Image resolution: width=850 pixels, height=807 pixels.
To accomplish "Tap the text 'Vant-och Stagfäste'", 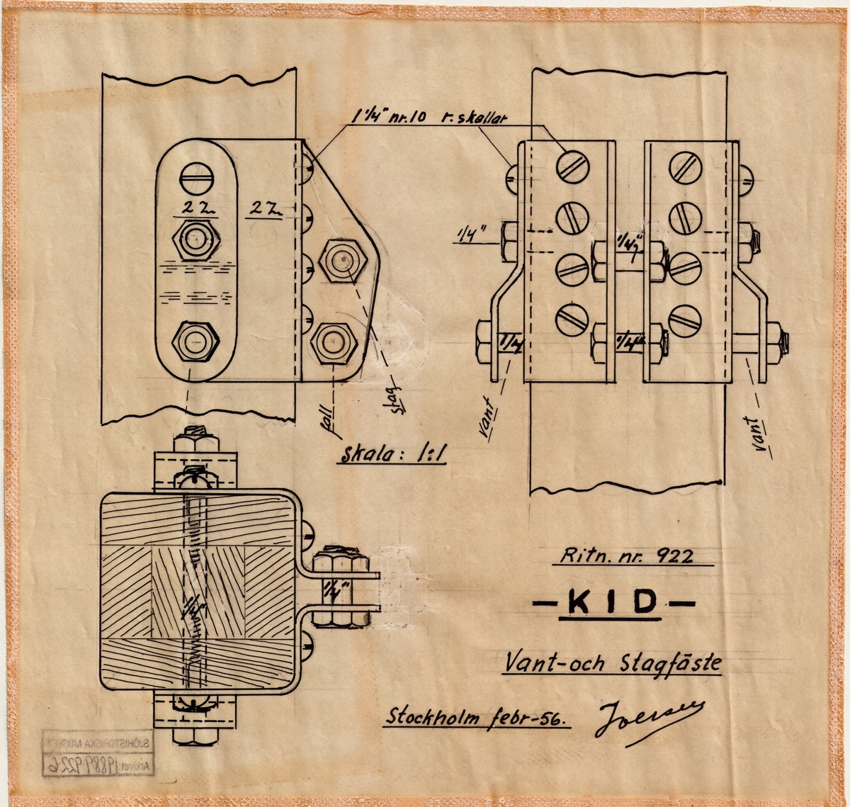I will [612, 663].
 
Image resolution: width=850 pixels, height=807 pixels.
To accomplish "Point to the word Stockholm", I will [433, 717].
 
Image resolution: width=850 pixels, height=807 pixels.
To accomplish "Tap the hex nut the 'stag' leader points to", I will [343, 261].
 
